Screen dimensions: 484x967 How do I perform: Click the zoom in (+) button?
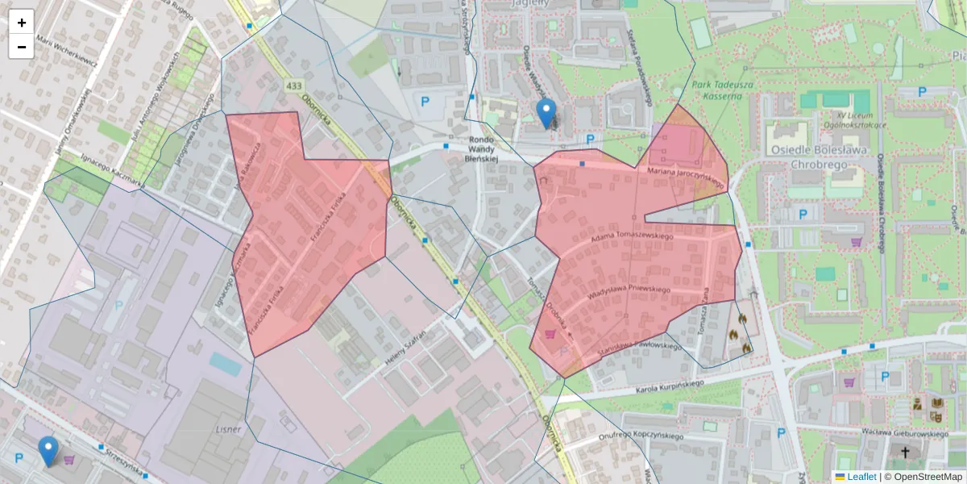coord(21,23)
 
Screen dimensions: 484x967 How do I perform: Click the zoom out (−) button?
coord(21,47)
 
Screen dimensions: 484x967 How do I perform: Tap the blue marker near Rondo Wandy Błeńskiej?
coord(546,114)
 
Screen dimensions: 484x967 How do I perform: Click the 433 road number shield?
coord(293,86)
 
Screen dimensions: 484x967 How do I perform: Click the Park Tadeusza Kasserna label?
coord(716,90)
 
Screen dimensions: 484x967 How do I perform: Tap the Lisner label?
coord(229,429)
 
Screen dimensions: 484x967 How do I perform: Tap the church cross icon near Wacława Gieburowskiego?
coord(905,453)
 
